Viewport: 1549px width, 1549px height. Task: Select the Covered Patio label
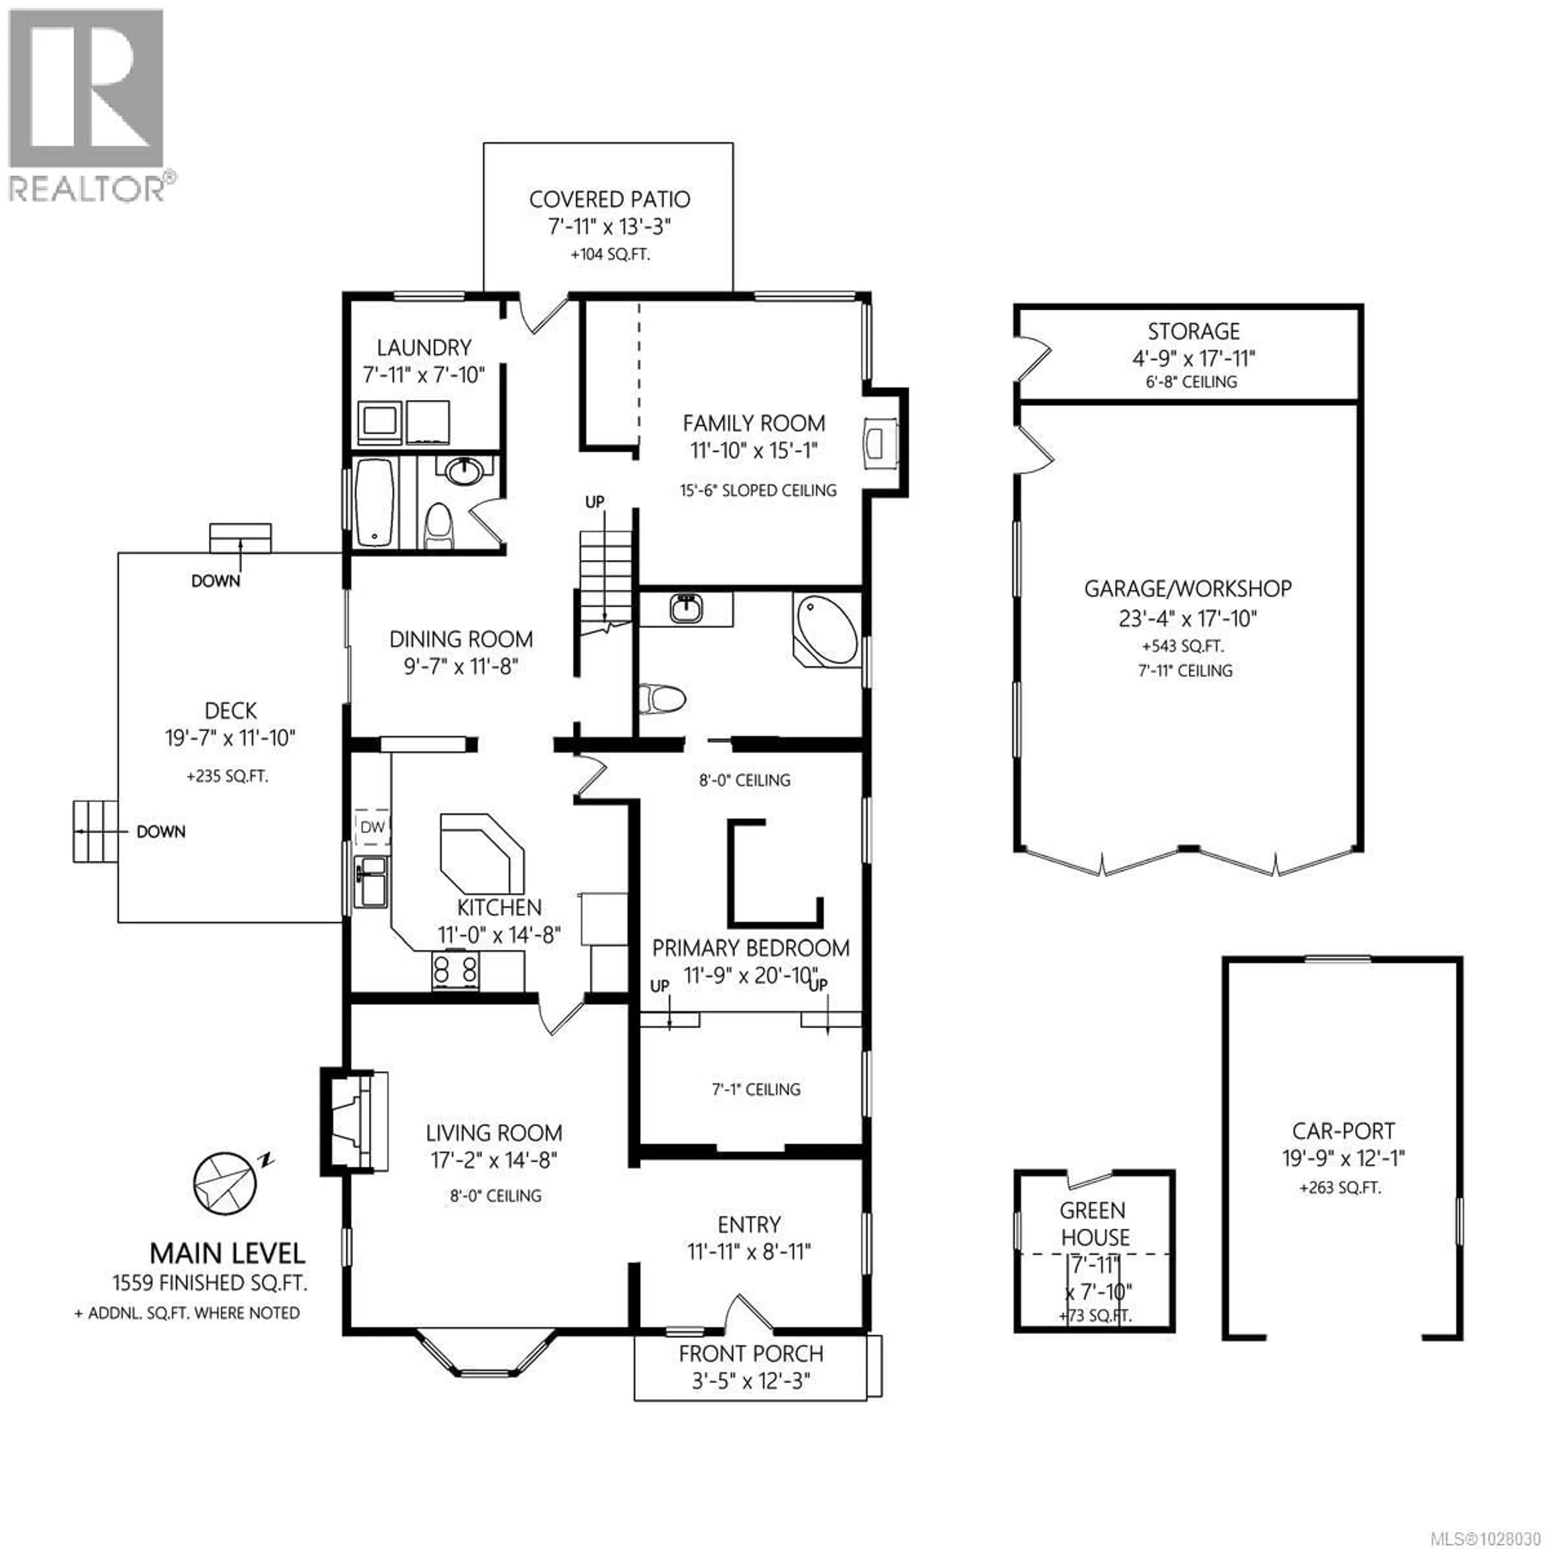coord(610,199)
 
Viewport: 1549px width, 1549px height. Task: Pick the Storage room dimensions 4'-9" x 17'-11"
coord(1193,358)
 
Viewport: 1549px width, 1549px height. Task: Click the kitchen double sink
coord(371,882)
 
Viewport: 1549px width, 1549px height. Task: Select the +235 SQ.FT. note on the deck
coord(228,776)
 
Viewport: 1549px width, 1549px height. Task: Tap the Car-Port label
coord(1343,1131)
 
